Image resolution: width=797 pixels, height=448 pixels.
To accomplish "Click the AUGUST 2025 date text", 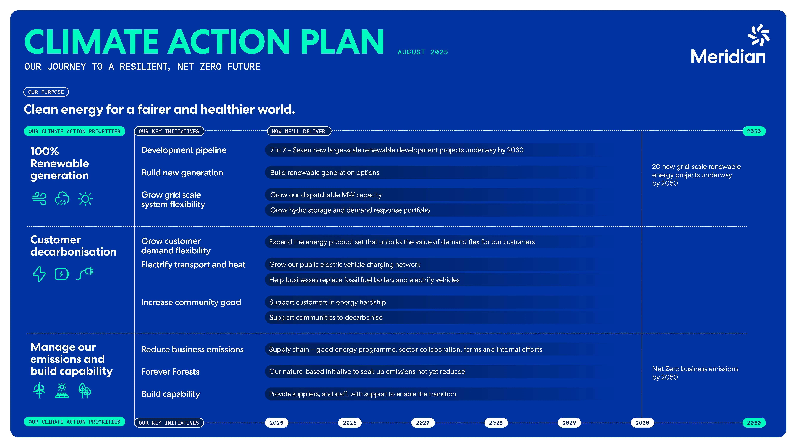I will pyautogui.click(x=423, y=52).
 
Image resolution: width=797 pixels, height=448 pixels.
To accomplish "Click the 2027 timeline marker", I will pyautogui.click(x=423, y=423).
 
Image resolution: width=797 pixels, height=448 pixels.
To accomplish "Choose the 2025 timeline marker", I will pyautogui.click(x=276, y=423).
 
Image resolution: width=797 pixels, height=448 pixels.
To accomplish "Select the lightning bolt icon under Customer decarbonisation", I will pyautogui.click(x=39, y=274).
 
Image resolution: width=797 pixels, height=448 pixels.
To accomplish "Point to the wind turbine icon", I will pyautogui.click(x=39, y=391).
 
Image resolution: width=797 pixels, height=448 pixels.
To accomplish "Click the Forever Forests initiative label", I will pyautogui.click(x=170, y=372).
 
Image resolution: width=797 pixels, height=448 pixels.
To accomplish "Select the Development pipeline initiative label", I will pyautogui.click(x=184, y=150).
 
